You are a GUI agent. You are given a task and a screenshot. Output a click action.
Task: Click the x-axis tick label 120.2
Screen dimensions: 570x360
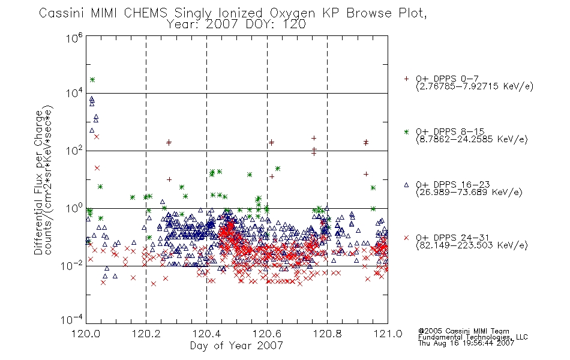tap(146, 334)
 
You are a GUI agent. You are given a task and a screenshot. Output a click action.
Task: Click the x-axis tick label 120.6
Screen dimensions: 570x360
tap(267, 334)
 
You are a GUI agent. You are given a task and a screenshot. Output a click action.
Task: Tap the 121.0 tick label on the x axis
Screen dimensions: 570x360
tap(388, 334)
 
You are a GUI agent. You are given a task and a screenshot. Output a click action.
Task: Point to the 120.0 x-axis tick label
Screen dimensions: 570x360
tap(86, 334)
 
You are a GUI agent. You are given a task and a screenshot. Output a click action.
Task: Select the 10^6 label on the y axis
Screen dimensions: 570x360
tap(74, 38)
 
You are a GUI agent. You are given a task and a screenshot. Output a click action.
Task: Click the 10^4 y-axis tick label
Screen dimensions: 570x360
tap(74, 94)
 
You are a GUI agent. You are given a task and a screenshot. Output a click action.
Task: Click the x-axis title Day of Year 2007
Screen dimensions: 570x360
tap(236, 346)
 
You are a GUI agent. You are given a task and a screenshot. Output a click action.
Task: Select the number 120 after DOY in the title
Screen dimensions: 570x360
tap(294, 25)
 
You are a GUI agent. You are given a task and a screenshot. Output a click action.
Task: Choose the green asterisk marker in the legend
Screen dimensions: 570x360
tap(406, 132)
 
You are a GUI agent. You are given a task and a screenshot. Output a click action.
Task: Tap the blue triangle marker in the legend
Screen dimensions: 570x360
tap(406, 185)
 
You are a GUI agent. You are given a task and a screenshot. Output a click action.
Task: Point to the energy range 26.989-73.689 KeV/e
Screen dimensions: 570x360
tap(469, 193)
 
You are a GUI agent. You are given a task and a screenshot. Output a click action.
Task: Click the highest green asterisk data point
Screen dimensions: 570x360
tap(92, 80)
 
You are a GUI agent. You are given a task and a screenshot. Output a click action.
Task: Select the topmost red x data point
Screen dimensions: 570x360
tap(97, 137)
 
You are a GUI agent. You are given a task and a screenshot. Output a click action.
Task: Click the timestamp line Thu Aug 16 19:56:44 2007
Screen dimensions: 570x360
tap(466, 343)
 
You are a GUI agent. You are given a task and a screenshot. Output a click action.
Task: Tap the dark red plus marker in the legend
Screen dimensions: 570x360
tap(406, 79)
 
